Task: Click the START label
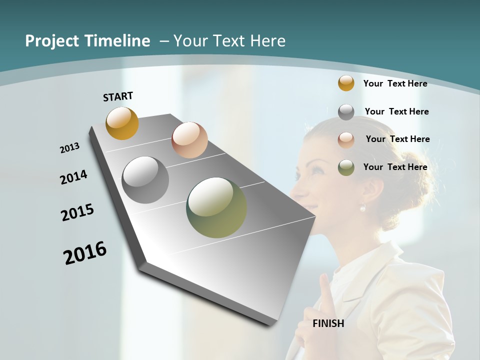[x=118, y=96]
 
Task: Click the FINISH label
[x=328, y=323]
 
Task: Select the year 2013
[x=70, y=148]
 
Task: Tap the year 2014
[x=73, y=177]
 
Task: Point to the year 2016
[x=85, y=253]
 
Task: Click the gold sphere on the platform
[x=122, y=123]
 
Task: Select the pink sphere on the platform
[x=189, y=140]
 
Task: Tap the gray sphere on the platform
[x=145, y=180]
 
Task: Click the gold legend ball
[x=346, y=83]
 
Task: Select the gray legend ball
[x=346, y=112]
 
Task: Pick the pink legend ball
[x=346, y=139]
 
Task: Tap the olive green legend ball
[x=346, y=167]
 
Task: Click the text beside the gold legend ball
[x=395, y=83]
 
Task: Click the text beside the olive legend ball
[x=395, y=167]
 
